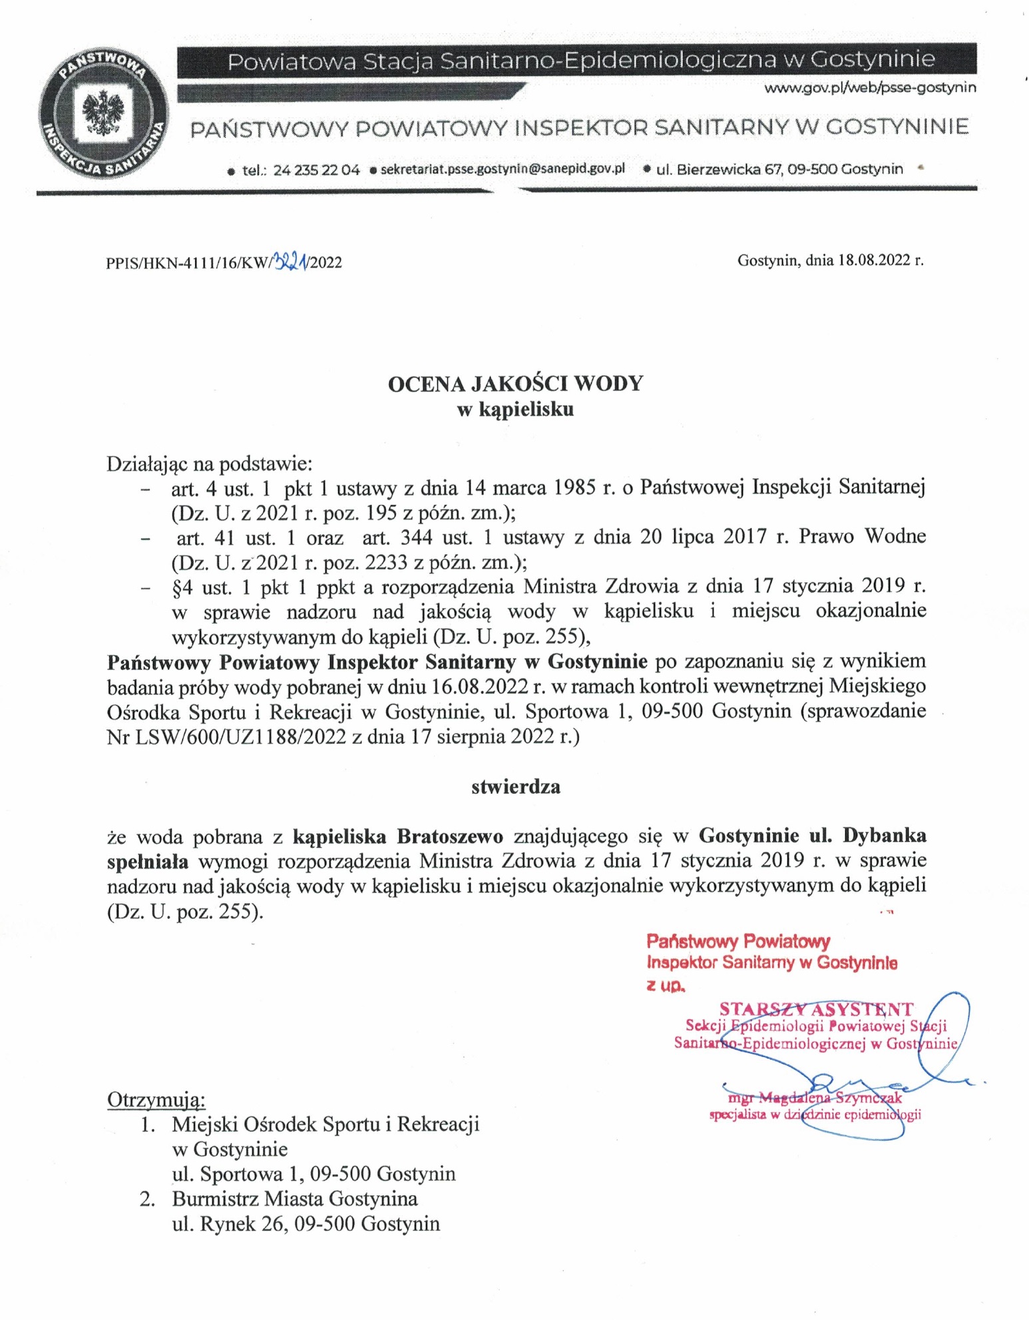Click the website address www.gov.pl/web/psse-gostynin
(870, 87)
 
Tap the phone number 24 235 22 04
(316, 170)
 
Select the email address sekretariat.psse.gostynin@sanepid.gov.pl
(503, 168)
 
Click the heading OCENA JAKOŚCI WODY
(515, 384)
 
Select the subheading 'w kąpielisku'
(515, 409)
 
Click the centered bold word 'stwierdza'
(515, 787)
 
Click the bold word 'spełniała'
(147, 860)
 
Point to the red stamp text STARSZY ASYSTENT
(816, 1009)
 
